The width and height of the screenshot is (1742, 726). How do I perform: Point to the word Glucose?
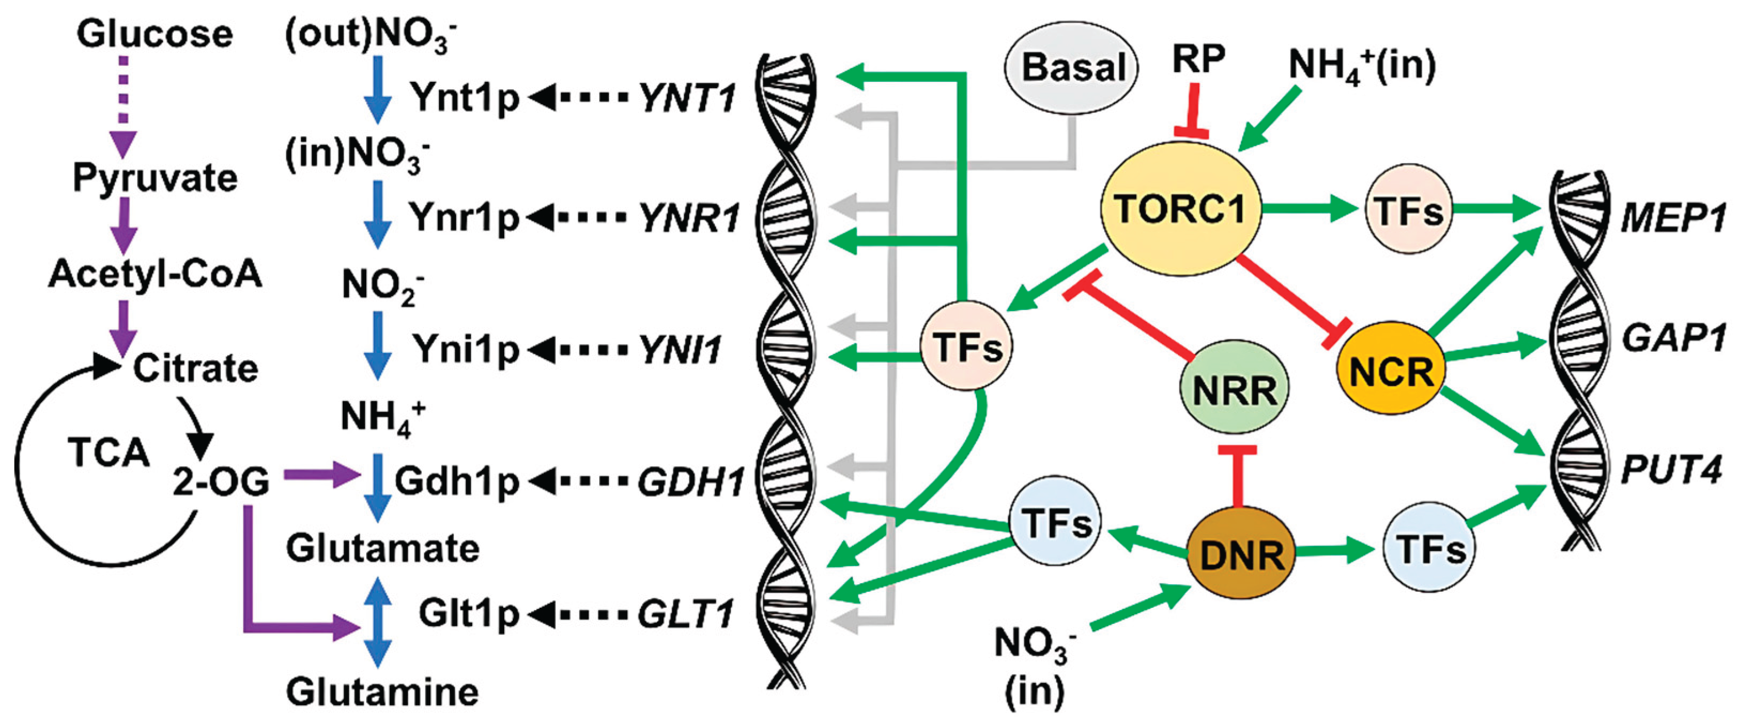coord(154,34)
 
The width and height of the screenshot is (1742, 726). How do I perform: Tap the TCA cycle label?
coord(108,452)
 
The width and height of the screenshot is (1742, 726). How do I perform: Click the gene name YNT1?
coord(687,99)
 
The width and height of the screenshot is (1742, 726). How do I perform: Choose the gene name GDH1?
coord(690,482)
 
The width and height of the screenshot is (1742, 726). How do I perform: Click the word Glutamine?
coord(382,692)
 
